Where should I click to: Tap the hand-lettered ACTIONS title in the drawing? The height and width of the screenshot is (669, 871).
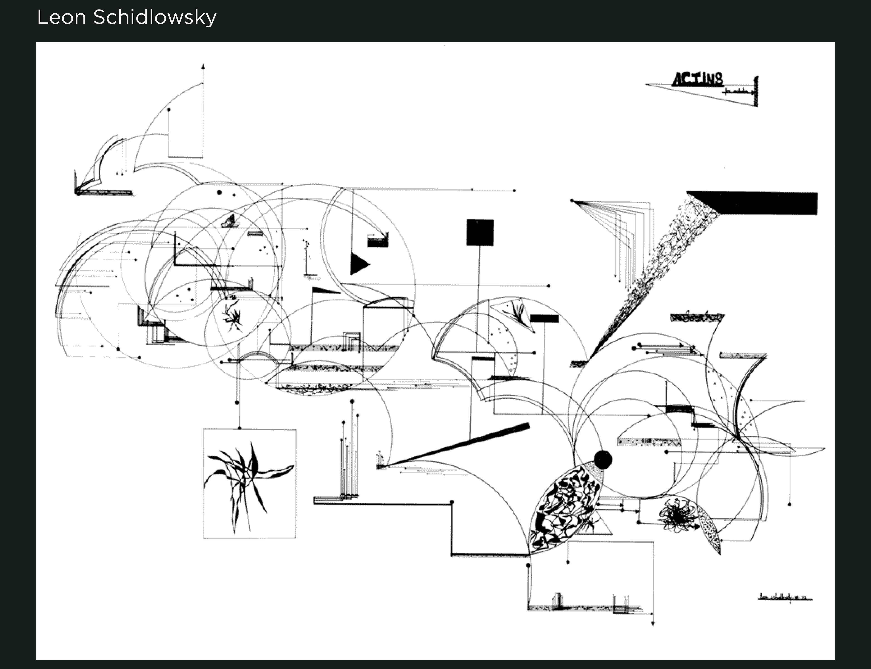(697, 80)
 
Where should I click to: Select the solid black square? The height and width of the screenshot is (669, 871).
(480, 233)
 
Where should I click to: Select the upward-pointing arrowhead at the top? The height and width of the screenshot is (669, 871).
(203, 66)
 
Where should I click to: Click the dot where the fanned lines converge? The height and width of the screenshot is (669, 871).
(572, 201)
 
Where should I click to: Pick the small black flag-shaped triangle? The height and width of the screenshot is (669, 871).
(324, 290)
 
